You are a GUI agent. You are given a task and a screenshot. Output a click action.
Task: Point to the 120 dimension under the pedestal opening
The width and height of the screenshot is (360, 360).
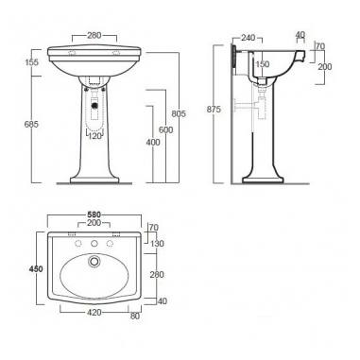point(94,134)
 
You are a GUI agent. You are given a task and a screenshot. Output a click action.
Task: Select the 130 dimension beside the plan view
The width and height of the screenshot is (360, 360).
point(158,245)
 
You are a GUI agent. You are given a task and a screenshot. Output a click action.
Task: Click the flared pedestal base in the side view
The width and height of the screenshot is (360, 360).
point(266,176)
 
